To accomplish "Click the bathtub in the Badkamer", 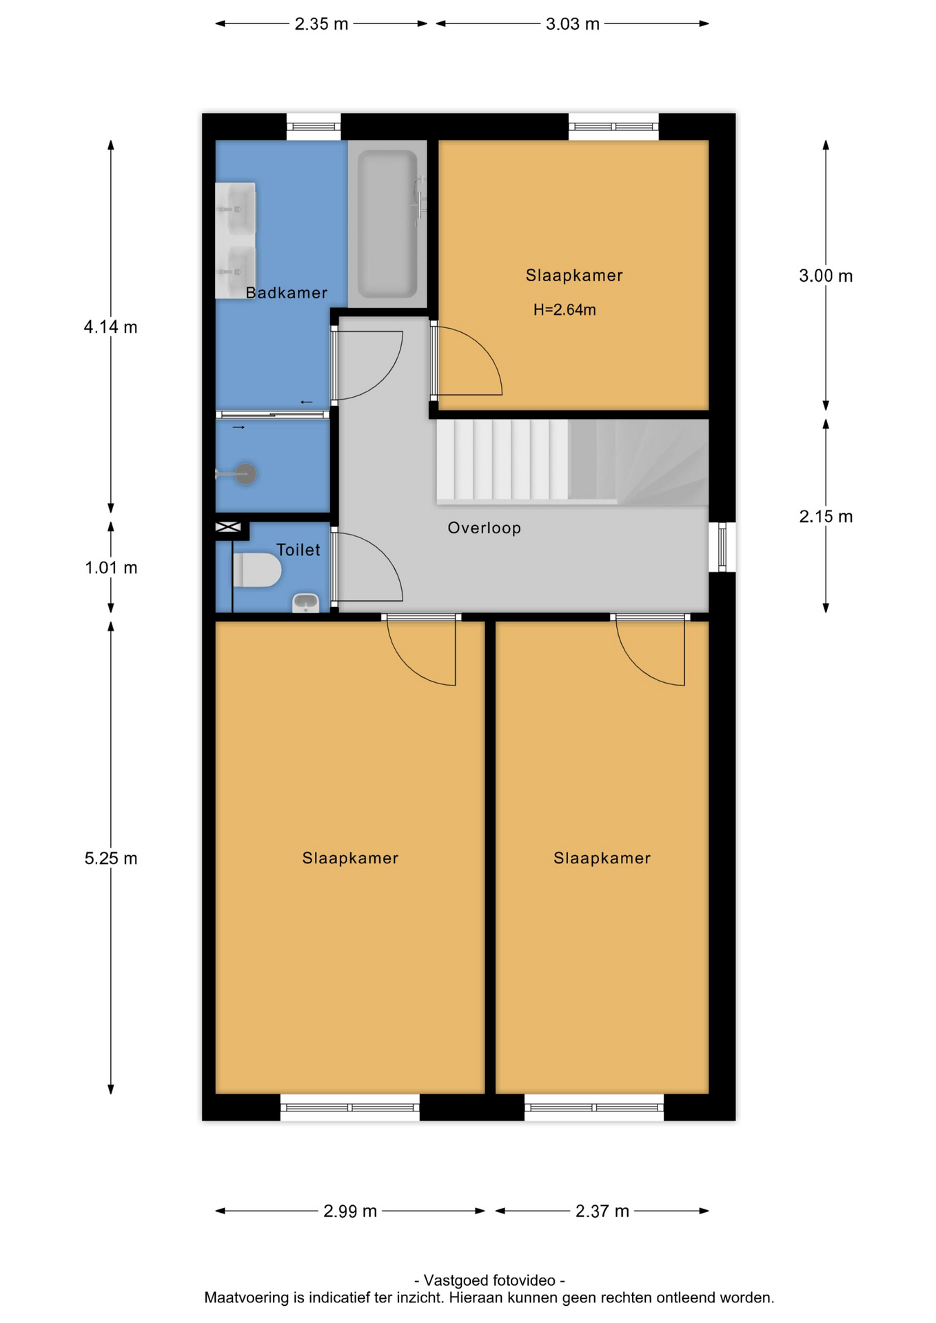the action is tap(387, 224).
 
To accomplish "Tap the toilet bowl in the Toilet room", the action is tap(257, 570).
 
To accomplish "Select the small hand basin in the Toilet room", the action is tap(305, 602).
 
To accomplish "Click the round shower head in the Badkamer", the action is tap(245, 473).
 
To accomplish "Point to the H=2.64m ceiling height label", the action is tap(564, 310).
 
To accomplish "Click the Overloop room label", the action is tap(484, 528).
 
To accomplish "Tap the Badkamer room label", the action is tap(286, 293).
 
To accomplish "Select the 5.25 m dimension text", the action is tap(111, 859).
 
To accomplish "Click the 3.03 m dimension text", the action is tap(572, 24).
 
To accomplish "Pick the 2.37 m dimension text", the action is tap(602, 1211).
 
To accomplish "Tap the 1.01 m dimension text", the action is tap(111, 568).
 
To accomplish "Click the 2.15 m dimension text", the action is tap(826, 517).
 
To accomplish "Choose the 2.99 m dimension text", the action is tap(350, 1211).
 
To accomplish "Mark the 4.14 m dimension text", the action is tap(111, 327).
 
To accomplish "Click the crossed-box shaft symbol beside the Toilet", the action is tap(228, 528).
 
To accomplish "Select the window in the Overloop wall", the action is tap(722, 547).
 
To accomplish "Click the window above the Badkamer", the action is tap(314, 127).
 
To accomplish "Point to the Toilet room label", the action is tap(298, 550).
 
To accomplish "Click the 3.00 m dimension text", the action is tap(826, 276).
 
